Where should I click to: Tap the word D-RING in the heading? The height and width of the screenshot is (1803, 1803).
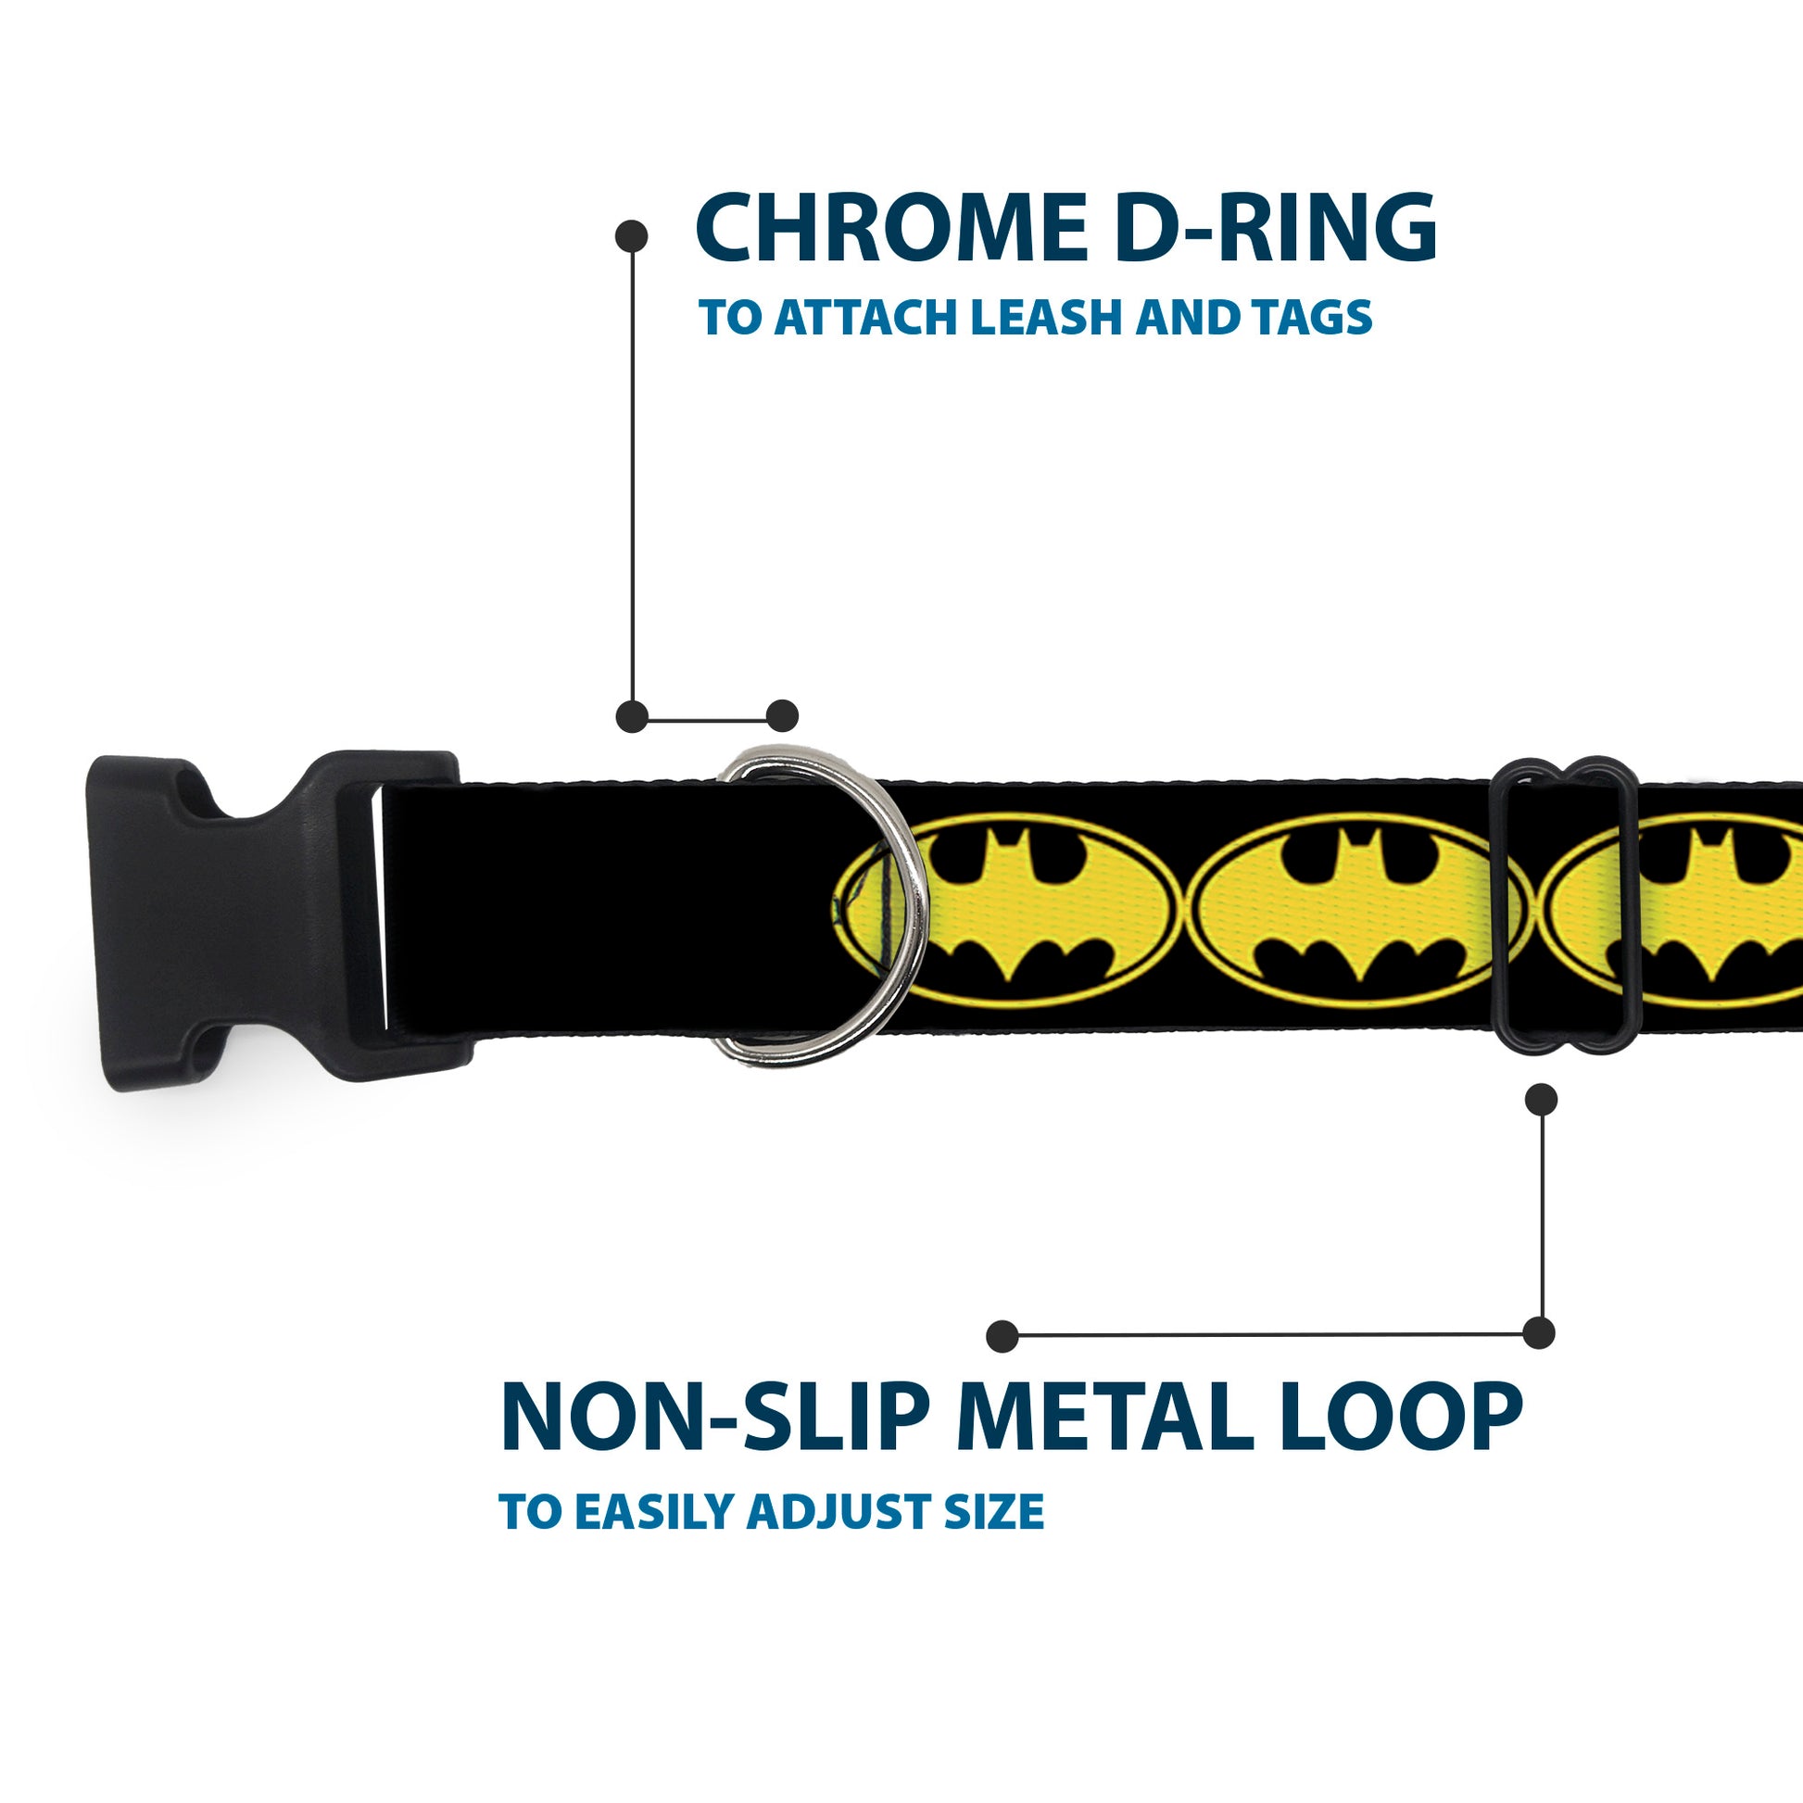(1275, 229)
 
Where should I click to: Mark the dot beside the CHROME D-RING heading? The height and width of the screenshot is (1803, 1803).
(632, 236)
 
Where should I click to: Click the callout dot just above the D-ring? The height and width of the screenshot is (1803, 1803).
(782, 716)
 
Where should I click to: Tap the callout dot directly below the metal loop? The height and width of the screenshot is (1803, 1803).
(1541, 1100)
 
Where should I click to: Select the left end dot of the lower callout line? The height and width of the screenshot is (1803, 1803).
(1002, 1336)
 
